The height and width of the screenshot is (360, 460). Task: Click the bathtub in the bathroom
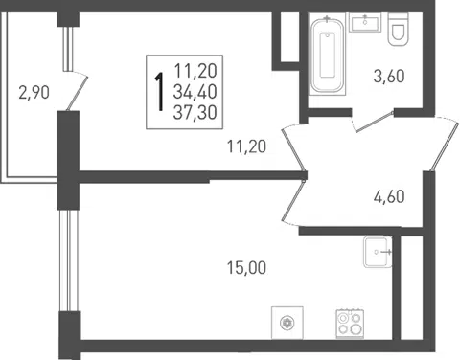click(328, 55)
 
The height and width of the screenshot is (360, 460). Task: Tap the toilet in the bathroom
click(398, 30)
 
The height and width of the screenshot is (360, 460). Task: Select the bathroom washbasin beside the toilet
click(365, 22)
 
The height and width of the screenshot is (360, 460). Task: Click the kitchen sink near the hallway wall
click(378, 252)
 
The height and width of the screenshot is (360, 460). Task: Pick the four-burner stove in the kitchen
click(350, 324)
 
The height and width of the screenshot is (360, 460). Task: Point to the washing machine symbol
click(287, 323)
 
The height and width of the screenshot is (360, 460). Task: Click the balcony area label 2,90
click(34, 93)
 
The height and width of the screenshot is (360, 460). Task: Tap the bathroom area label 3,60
click(389, 77)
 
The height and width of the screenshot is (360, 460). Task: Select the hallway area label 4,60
click(389, 196)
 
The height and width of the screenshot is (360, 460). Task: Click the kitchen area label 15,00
click(246, 267)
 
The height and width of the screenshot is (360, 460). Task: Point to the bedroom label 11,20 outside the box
click(246, 146)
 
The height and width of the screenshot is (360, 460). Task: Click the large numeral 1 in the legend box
click(159, 92)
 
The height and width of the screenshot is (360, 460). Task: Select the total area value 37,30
click(195, 112)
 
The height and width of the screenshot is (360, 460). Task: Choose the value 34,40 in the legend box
click(195, 92)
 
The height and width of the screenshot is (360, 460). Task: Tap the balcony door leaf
click(77, 94)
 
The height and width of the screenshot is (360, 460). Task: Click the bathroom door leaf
click(374, 122)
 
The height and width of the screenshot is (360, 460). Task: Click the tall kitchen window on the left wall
click(68, 260)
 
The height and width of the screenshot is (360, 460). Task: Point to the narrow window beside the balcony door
click(68, 48)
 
